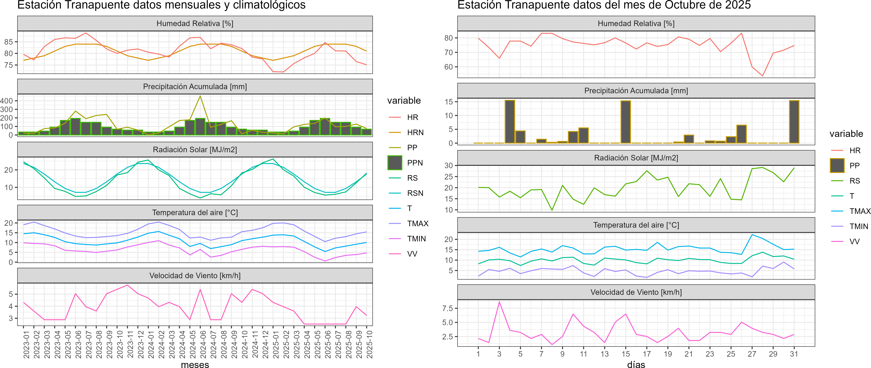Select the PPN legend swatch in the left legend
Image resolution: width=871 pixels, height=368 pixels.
pyautogui.click(x=395, y=163)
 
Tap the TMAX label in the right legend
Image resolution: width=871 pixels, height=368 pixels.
pyautogui.click(x=859, y=211)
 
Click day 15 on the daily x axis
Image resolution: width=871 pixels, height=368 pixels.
pyautogui.click(x=625, y=354)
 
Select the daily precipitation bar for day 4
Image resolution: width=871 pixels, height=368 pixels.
pyautogui.click(x=510, y=122)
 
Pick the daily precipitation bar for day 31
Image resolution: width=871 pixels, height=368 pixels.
pyautogui.click(x=794, y=122)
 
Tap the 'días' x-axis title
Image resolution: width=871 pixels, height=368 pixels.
pyautogui.click(x=636, y=364)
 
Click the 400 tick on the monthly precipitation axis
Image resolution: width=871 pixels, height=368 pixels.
pyautogui.click(x=7, y=101)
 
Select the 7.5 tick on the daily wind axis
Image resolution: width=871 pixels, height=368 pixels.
pyautogui.click(x=447, y=308)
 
